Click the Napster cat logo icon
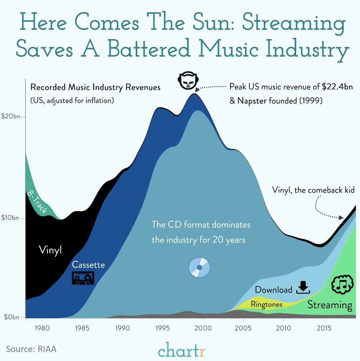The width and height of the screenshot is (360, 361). click(188, 81)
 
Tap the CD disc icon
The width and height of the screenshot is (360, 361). click(200, 267)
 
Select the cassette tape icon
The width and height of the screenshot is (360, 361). click(83, 278)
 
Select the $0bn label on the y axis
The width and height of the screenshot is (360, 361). click(11, 317)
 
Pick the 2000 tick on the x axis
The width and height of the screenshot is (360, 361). click(203, 328)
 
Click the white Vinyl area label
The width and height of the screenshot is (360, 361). click(50, 250)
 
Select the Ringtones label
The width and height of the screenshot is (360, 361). click(266, 304)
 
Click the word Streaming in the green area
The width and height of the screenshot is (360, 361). click(330, 305)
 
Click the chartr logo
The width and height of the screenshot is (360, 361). click(182, 351)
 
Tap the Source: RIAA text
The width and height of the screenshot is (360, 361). click(31, 349)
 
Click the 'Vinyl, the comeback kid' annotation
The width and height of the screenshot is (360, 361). click(313, 190)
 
